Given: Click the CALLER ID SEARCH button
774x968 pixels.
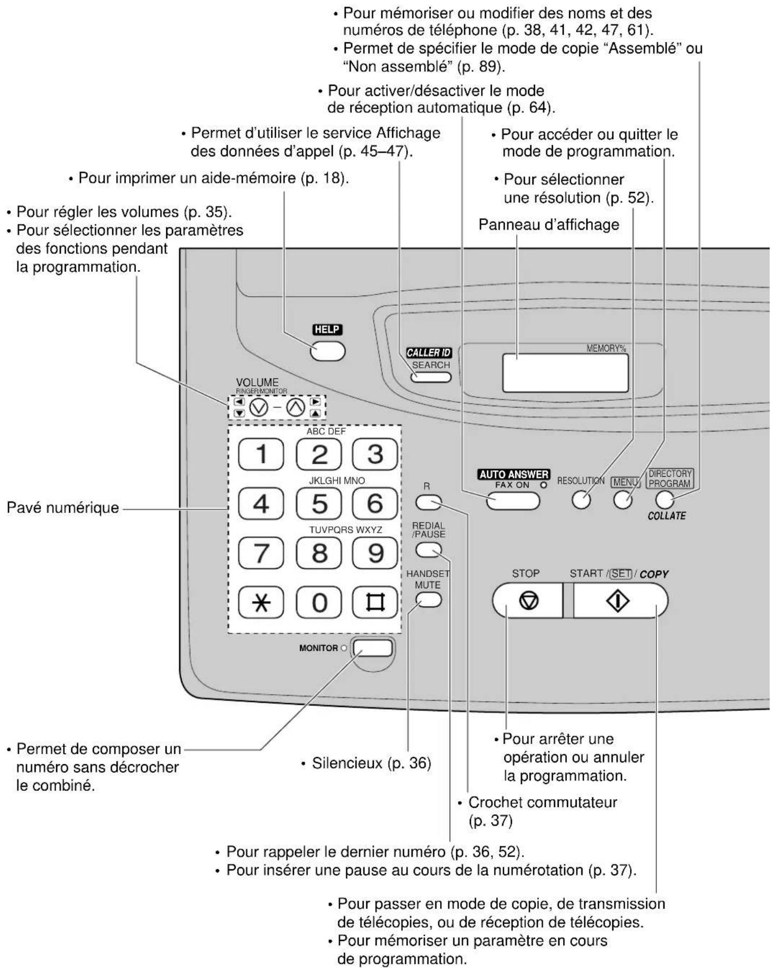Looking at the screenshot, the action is (430, 376).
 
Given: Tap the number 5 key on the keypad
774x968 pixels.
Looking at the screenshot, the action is (319, 504).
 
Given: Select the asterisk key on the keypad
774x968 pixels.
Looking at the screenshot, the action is (261, 602).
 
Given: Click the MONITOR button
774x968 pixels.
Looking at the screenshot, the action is (372, 648).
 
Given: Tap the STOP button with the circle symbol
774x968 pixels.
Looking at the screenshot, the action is (528, 601).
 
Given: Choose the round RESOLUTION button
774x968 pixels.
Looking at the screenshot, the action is (581, 500).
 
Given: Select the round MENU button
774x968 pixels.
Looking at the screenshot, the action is (622, 500).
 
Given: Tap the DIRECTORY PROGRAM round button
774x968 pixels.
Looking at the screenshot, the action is (665, 500).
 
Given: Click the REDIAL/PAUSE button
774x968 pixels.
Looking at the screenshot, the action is (428, 550).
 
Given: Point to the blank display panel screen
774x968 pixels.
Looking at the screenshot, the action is (565, 373).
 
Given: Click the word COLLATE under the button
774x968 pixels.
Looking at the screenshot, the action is (667, 516).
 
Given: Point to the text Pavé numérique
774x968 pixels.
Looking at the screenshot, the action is (63, 507).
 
